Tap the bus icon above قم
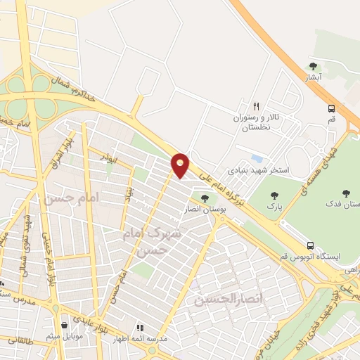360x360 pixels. [331, 108]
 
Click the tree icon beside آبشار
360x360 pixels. [313, 67]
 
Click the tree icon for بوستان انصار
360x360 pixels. [205, 198]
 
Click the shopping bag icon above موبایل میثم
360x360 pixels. [65, 326]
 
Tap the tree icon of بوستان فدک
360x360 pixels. [345, 193]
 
